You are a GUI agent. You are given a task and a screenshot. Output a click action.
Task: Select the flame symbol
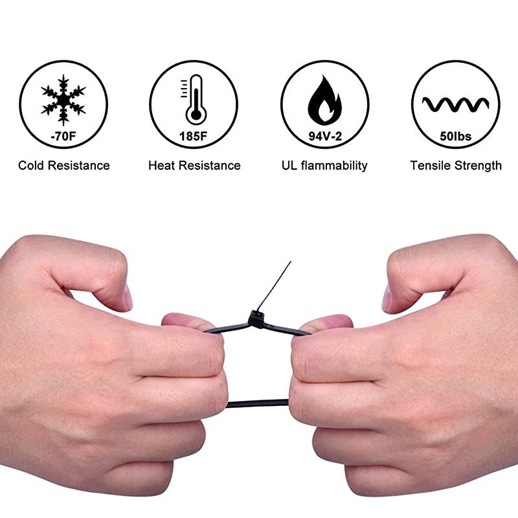(324, 98)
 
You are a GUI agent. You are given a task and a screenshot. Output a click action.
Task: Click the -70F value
(63, 137)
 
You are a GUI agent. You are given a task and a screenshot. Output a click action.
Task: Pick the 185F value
(194, 137)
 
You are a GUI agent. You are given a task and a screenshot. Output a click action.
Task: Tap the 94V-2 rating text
(324, 137)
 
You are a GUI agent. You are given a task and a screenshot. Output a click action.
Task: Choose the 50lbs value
(456, 137)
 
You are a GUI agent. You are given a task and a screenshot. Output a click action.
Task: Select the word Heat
(162, 166)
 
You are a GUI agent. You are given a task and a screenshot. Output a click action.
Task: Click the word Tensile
(432, 166)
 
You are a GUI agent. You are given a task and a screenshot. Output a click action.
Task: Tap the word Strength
(479, 166)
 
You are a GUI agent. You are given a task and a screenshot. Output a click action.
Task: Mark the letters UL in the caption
(289, 166)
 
